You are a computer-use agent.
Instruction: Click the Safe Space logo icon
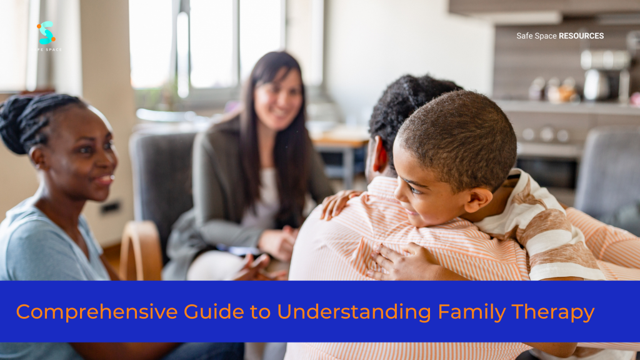(46, 32)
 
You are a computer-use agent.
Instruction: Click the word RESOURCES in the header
(581, 36)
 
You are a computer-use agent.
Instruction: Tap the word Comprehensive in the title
(97, 312)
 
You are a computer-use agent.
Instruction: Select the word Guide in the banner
(213, 312)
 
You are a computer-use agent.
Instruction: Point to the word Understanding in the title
(354, 312)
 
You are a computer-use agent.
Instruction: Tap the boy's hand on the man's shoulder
(338, 204)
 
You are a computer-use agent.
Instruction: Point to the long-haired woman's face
(277, 100)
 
